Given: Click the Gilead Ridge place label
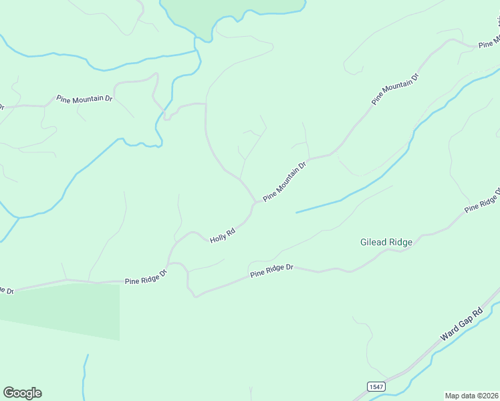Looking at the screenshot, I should tap(386, 242).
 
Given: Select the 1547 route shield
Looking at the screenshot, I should tap(376, 386).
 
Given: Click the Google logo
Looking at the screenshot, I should tap(23, 393).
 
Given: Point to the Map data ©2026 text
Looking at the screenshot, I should tap(472, 395).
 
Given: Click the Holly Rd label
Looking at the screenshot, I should tap(223, 236).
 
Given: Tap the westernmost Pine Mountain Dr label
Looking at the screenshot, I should tap(84, 99).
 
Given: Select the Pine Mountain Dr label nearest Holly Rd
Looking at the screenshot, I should tap(284, 180).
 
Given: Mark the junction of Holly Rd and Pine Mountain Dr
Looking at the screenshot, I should tap(255, 202).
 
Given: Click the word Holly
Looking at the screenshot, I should tap(219, 238).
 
